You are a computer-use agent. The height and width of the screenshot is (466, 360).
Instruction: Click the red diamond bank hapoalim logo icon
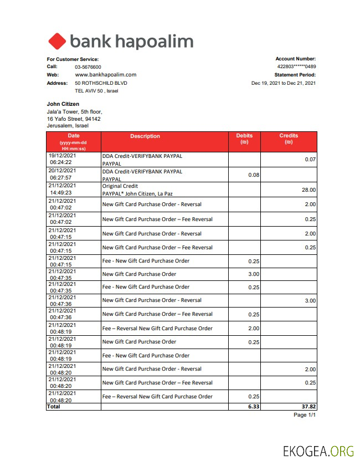(56, 42)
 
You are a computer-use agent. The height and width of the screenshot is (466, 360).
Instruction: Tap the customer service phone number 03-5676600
(88, 66)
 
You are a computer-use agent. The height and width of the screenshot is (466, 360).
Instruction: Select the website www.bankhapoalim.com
(105, 74)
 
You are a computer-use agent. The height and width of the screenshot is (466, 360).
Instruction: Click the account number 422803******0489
(296, 66)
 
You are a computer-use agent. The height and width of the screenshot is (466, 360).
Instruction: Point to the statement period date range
(283, 83)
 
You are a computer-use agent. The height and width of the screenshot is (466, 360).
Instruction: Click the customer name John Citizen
(63, 104)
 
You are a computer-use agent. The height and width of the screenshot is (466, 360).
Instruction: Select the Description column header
(145, 136)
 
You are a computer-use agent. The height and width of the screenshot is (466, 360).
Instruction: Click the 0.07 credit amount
(310, 160)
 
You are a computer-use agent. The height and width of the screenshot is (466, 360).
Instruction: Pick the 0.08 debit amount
(254, 175)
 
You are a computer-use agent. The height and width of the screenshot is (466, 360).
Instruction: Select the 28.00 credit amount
(308, 190)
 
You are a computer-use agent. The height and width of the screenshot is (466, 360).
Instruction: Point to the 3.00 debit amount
(254, 274)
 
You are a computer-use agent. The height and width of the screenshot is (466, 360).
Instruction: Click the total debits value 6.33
(254, 406)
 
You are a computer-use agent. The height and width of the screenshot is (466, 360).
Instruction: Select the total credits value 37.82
(307, 406)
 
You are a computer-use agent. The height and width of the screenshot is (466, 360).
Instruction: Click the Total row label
(54, 406)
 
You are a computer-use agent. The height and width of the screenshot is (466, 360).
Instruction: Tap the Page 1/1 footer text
(304, 415)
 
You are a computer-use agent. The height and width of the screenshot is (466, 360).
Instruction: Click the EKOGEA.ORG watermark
(318, 450)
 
